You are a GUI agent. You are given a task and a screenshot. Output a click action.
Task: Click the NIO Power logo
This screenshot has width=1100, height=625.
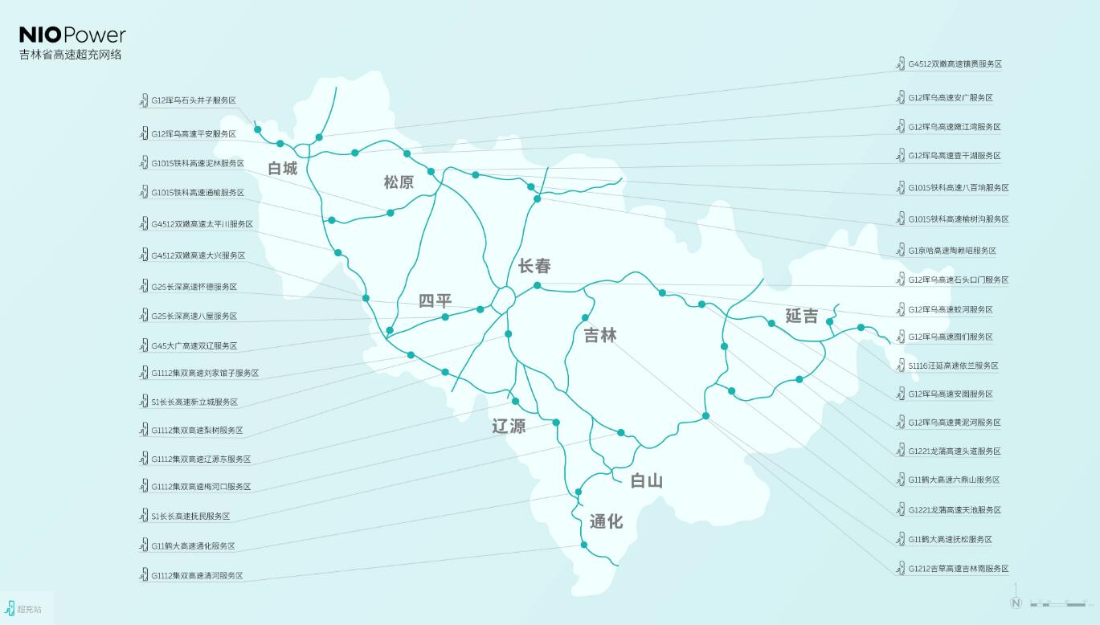click(72, 35)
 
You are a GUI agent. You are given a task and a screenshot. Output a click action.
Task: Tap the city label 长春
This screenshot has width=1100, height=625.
click(534, 266)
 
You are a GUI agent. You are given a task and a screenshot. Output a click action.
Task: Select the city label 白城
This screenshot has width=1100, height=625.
click(282, 169)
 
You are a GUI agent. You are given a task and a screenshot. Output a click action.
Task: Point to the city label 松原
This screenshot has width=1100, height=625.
click(399, 182)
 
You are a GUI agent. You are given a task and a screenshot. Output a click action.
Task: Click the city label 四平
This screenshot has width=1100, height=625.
click(435, 301)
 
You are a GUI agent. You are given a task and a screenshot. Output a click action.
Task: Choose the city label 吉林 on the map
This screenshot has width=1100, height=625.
click(600, 335)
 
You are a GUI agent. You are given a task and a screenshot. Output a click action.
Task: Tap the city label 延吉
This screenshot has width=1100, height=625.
click(801, 316)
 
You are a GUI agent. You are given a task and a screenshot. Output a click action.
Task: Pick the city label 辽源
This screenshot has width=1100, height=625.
click(509, 426)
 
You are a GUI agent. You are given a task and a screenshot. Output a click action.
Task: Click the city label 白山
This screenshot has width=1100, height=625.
click(646, 480)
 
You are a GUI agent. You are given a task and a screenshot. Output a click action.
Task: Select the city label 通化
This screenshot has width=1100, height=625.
click(606, 521)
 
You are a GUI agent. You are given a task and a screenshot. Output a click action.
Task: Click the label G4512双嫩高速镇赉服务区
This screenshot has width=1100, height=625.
click(955, 63)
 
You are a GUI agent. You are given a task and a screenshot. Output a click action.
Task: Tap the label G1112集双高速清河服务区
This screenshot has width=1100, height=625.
click(197, 576)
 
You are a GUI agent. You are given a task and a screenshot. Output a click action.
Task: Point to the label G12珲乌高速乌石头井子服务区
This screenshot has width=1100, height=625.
click(194, 100)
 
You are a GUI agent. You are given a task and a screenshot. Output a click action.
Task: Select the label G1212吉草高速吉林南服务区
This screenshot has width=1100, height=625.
click(958, 569)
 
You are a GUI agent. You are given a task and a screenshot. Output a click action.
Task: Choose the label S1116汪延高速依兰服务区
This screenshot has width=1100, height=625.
click(953, 366)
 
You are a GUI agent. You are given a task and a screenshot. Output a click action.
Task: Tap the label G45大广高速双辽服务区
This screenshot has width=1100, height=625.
click(194, 345)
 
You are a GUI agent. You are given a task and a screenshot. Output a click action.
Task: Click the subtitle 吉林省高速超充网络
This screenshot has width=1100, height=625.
click(71, 55)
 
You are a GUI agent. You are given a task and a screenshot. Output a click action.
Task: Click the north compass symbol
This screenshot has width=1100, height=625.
click(1016, 603)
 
